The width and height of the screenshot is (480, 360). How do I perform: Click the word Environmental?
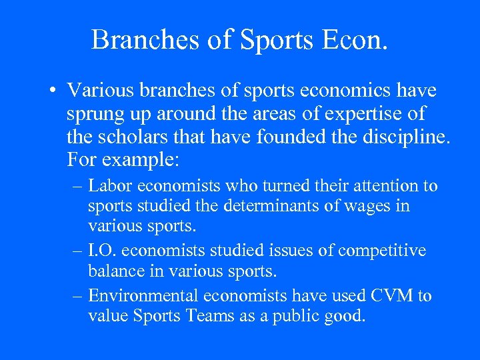[146, 296]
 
